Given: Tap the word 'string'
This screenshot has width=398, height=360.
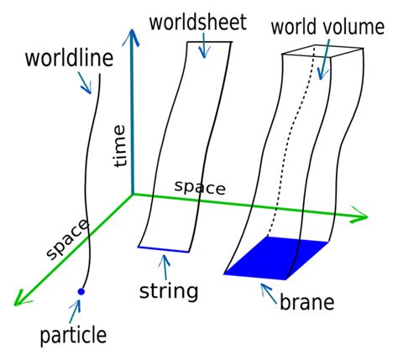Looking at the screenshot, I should [169, 292].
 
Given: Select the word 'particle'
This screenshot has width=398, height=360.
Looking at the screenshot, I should [73, 337].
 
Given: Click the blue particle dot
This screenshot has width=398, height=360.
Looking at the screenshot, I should [81, 291].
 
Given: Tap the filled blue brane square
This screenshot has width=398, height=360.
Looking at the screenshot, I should [277, 258].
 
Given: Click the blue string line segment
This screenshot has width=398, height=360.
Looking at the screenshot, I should [165, 248].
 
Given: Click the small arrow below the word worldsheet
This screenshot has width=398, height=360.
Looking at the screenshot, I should [202, 47].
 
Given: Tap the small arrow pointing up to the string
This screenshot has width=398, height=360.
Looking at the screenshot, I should [165, 268].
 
